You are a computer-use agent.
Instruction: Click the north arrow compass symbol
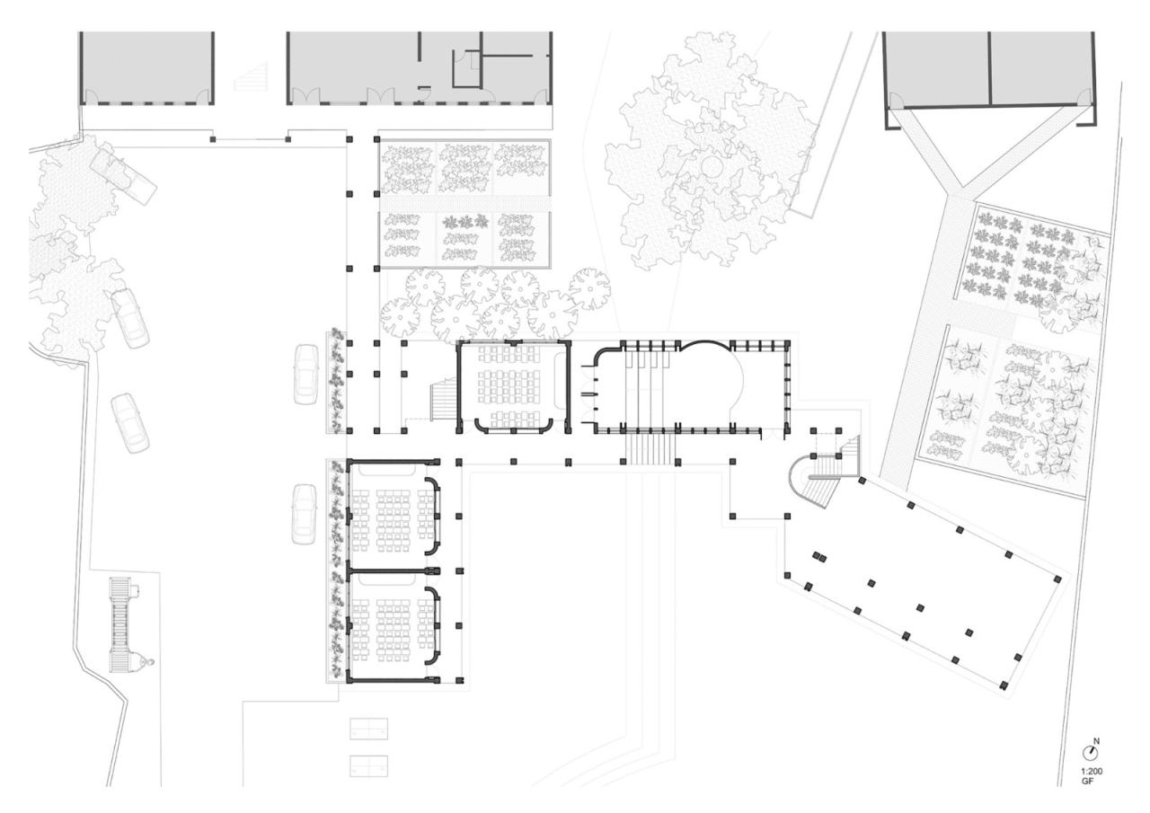pyautogui.click(x=1092, y=751)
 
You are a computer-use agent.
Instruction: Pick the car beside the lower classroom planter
pyautogui.click(x=305, y=513)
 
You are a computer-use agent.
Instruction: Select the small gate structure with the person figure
pyautogui.click(x=121, y=624)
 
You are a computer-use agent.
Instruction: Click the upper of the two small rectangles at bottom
pyautogui.click(x=367, y=729)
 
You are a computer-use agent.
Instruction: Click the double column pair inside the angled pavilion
pyautogui.click(x=819, y=557)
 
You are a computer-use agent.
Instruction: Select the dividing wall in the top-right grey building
pyautogui.click(x=989, y=66)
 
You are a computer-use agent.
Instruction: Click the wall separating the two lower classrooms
pyautogui.click(x=393, y=570)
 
